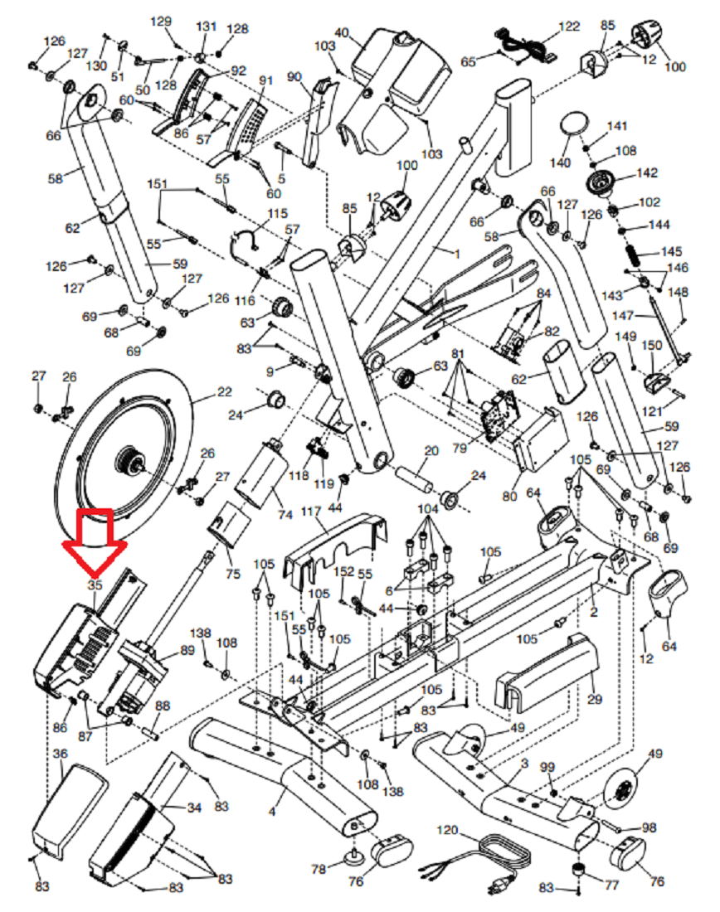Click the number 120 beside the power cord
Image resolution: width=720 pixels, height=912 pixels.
(448, 830)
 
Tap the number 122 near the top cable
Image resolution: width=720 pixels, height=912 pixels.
(568, 27)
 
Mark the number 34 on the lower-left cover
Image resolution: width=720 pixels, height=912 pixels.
(194, 808)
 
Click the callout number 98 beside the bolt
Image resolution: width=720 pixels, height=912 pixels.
(649, 828)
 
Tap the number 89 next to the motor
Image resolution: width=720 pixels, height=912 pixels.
(187, 650)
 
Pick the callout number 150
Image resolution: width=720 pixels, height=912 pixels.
(652, 344)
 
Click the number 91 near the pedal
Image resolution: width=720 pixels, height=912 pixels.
(265, 80)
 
